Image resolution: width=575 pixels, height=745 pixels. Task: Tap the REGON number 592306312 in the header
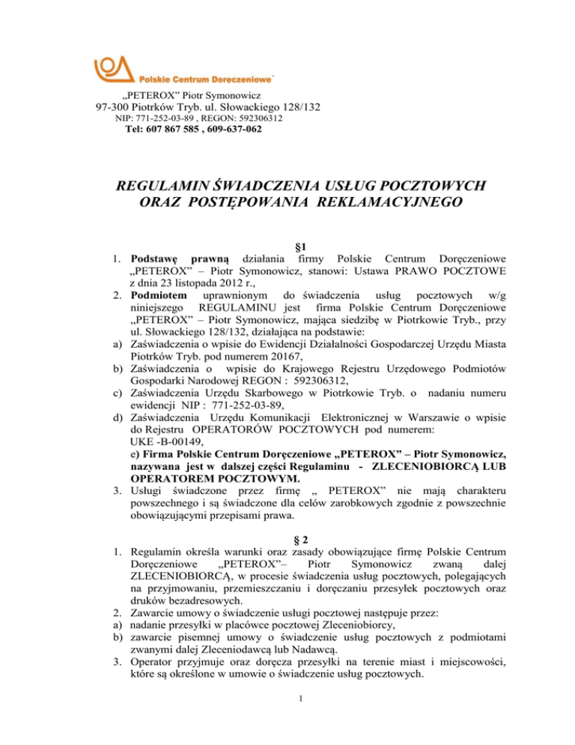pos(258,118)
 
